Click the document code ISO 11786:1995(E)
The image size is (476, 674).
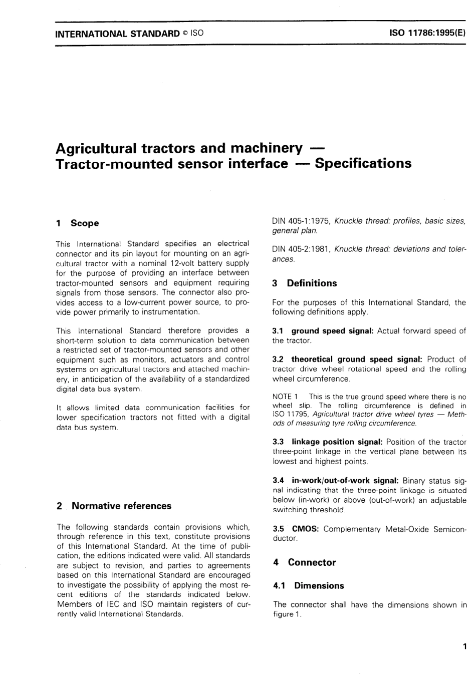click(x=427, y=34)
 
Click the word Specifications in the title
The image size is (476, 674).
click(x=363, y=164)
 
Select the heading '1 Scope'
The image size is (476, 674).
click(x=78, y=223)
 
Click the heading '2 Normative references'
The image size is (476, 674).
click(x=114, y=506)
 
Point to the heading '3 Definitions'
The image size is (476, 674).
click(x=305, y=283)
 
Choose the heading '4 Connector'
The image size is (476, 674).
click(x=305, y=562)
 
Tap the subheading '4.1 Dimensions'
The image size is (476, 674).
click(x=309, y=586)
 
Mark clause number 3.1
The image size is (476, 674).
click(x=278, y=331)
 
